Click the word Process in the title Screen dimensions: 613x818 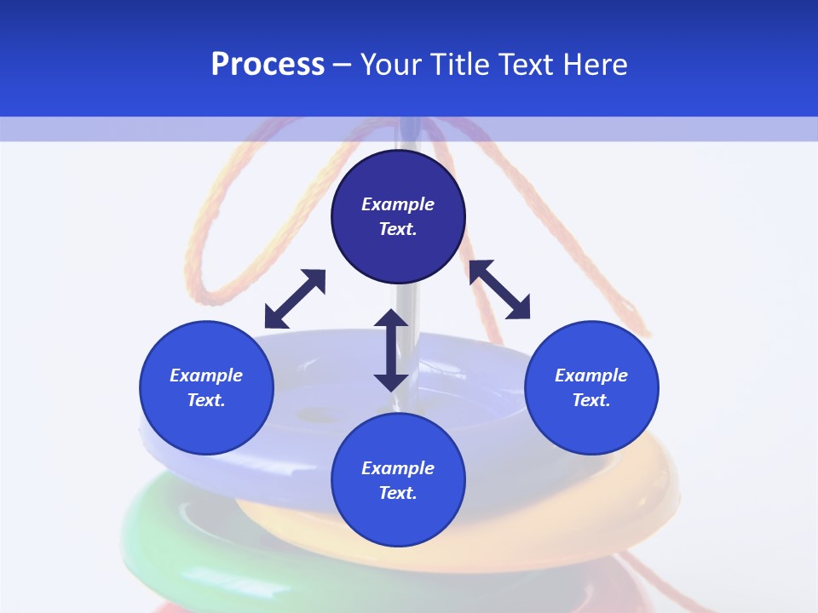[x=268, y=65]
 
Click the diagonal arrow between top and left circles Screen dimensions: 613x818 [x=295, y=299]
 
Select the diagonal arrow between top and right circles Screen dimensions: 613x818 [x=500, y=289]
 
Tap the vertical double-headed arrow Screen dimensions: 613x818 [x=391, y=350]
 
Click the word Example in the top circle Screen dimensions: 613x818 [x=398, y=204]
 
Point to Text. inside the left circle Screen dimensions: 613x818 [x=206, y=400]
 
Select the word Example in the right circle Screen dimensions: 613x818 [x=591, y=375]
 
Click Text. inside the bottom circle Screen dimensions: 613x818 [x=398, y=493]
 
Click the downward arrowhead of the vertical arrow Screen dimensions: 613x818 [x=391, y=381]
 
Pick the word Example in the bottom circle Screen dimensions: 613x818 [x=398, y=468]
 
